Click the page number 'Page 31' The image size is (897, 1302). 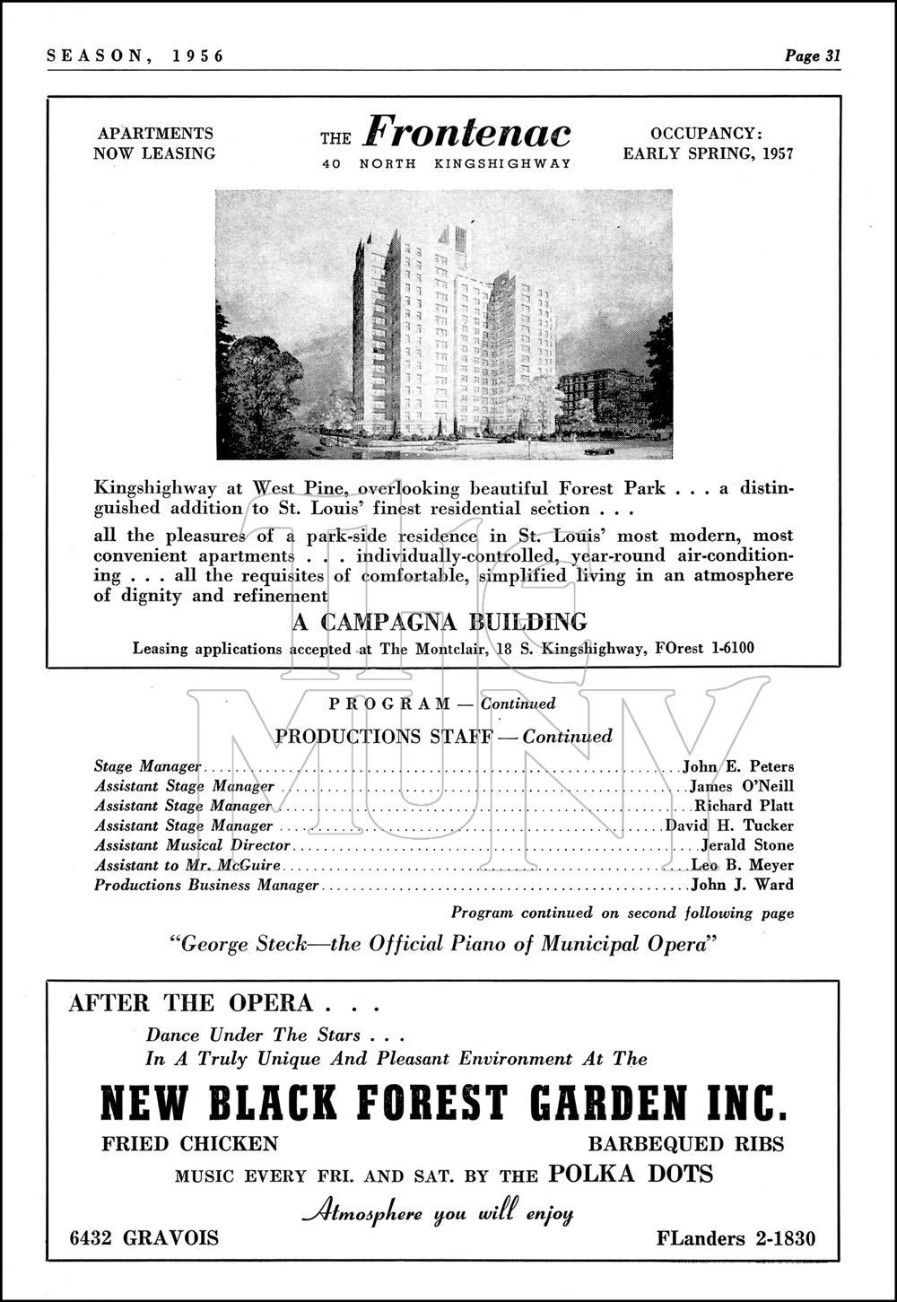coord(813,56)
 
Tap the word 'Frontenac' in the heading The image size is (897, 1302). coord(467,134)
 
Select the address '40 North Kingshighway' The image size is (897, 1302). coord(447,163)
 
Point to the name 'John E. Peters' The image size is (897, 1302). coord(738,766)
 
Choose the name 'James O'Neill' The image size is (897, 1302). coord(742,786)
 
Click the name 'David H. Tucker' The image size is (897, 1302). coord(729,826)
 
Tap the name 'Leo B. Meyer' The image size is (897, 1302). coord(742,865)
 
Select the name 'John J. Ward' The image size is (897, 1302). coord(742,885)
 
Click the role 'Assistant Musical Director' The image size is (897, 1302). coord(193,845)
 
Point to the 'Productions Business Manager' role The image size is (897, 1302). coord(206,885)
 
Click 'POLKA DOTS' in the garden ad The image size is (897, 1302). coord(631,1173)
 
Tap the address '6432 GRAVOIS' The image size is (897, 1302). coord(144,1238)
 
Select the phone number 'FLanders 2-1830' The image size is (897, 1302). coord(736,1238)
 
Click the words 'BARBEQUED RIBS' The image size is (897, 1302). coord(685,1144)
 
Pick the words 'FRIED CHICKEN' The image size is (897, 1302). coord(189,1144)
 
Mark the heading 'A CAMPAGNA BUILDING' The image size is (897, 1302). coord(440,622)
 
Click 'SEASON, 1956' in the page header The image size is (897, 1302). coord(135,56)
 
